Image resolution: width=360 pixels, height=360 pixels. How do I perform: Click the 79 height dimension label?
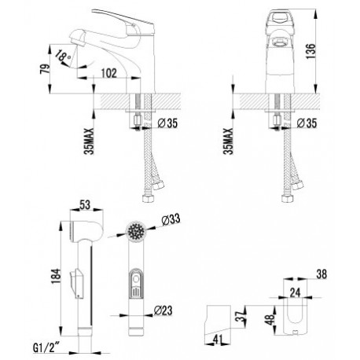point(46,68)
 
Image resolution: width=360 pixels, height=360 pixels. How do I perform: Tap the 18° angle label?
point(63,56)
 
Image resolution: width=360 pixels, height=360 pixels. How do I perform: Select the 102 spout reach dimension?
point(108,73)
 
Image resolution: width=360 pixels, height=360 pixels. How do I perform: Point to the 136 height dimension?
point(310,51)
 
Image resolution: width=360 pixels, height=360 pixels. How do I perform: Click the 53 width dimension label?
point(85,205)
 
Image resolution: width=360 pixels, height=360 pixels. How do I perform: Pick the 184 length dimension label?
point(57,276)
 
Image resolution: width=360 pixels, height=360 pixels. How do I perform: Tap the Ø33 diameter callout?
point(171,219)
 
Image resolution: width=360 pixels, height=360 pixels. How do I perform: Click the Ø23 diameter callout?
point(163,310)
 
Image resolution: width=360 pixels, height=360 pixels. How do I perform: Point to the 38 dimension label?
point(321,274)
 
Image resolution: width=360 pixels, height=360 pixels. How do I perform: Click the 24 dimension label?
point(295,292)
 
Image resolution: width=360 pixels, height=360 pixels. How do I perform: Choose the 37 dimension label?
point(241,316)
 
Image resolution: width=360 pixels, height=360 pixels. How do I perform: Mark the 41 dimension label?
point(218,340)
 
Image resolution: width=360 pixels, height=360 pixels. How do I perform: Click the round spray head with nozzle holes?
point(136,231)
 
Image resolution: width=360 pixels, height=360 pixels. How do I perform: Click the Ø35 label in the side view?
point(167,123)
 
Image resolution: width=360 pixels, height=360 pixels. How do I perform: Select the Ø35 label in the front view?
point(307,123)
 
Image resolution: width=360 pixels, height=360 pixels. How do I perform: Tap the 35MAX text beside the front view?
point(229,141)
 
